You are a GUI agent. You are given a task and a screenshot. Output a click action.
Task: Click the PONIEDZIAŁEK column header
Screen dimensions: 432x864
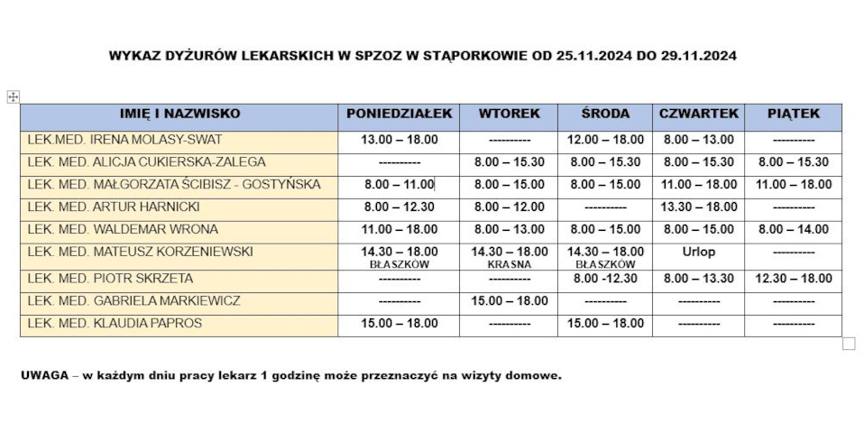399,115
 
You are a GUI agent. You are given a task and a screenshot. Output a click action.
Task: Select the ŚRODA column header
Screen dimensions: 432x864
605,115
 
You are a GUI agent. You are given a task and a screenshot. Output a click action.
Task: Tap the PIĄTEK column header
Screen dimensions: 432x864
794,115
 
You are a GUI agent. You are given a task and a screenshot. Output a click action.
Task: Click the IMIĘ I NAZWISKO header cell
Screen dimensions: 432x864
179,115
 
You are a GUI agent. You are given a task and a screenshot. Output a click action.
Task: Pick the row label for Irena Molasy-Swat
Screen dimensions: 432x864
124,140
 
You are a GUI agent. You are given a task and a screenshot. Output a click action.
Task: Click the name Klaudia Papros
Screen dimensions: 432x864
115,323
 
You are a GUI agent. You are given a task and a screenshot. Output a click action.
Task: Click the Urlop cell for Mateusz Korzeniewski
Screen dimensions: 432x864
699,253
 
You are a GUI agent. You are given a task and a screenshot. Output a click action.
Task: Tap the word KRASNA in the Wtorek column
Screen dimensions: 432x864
509,265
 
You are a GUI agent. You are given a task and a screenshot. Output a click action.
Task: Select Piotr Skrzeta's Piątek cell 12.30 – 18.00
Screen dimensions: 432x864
794,279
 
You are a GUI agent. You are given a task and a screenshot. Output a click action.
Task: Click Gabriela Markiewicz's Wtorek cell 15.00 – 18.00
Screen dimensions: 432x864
509,301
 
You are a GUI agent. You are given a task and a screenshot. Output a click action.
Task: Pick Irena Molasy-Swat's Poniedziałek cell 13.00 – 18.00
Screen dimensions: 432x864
399,140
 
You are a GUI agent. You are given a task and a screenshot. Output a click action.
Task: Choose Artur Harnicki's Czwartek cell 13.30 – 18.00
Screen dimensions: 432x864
699,207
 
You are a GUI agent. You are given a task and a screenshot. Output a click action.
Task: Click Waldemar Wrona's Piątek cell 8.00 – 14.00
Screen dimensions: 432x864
794,229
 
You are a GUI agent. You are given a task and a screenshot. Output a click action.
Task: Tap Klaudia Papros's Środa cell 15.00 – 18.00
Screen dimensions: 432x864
605,323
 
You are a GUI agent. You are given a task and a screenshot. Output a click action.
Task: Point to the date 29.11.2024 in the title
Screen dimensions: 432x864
700,55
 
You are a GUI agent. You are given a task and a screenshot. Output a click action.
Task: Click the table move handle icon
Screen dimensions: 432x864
13,97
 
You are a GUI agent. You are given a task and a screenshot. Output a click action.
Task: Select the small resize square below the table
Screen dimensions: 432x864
849,344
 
